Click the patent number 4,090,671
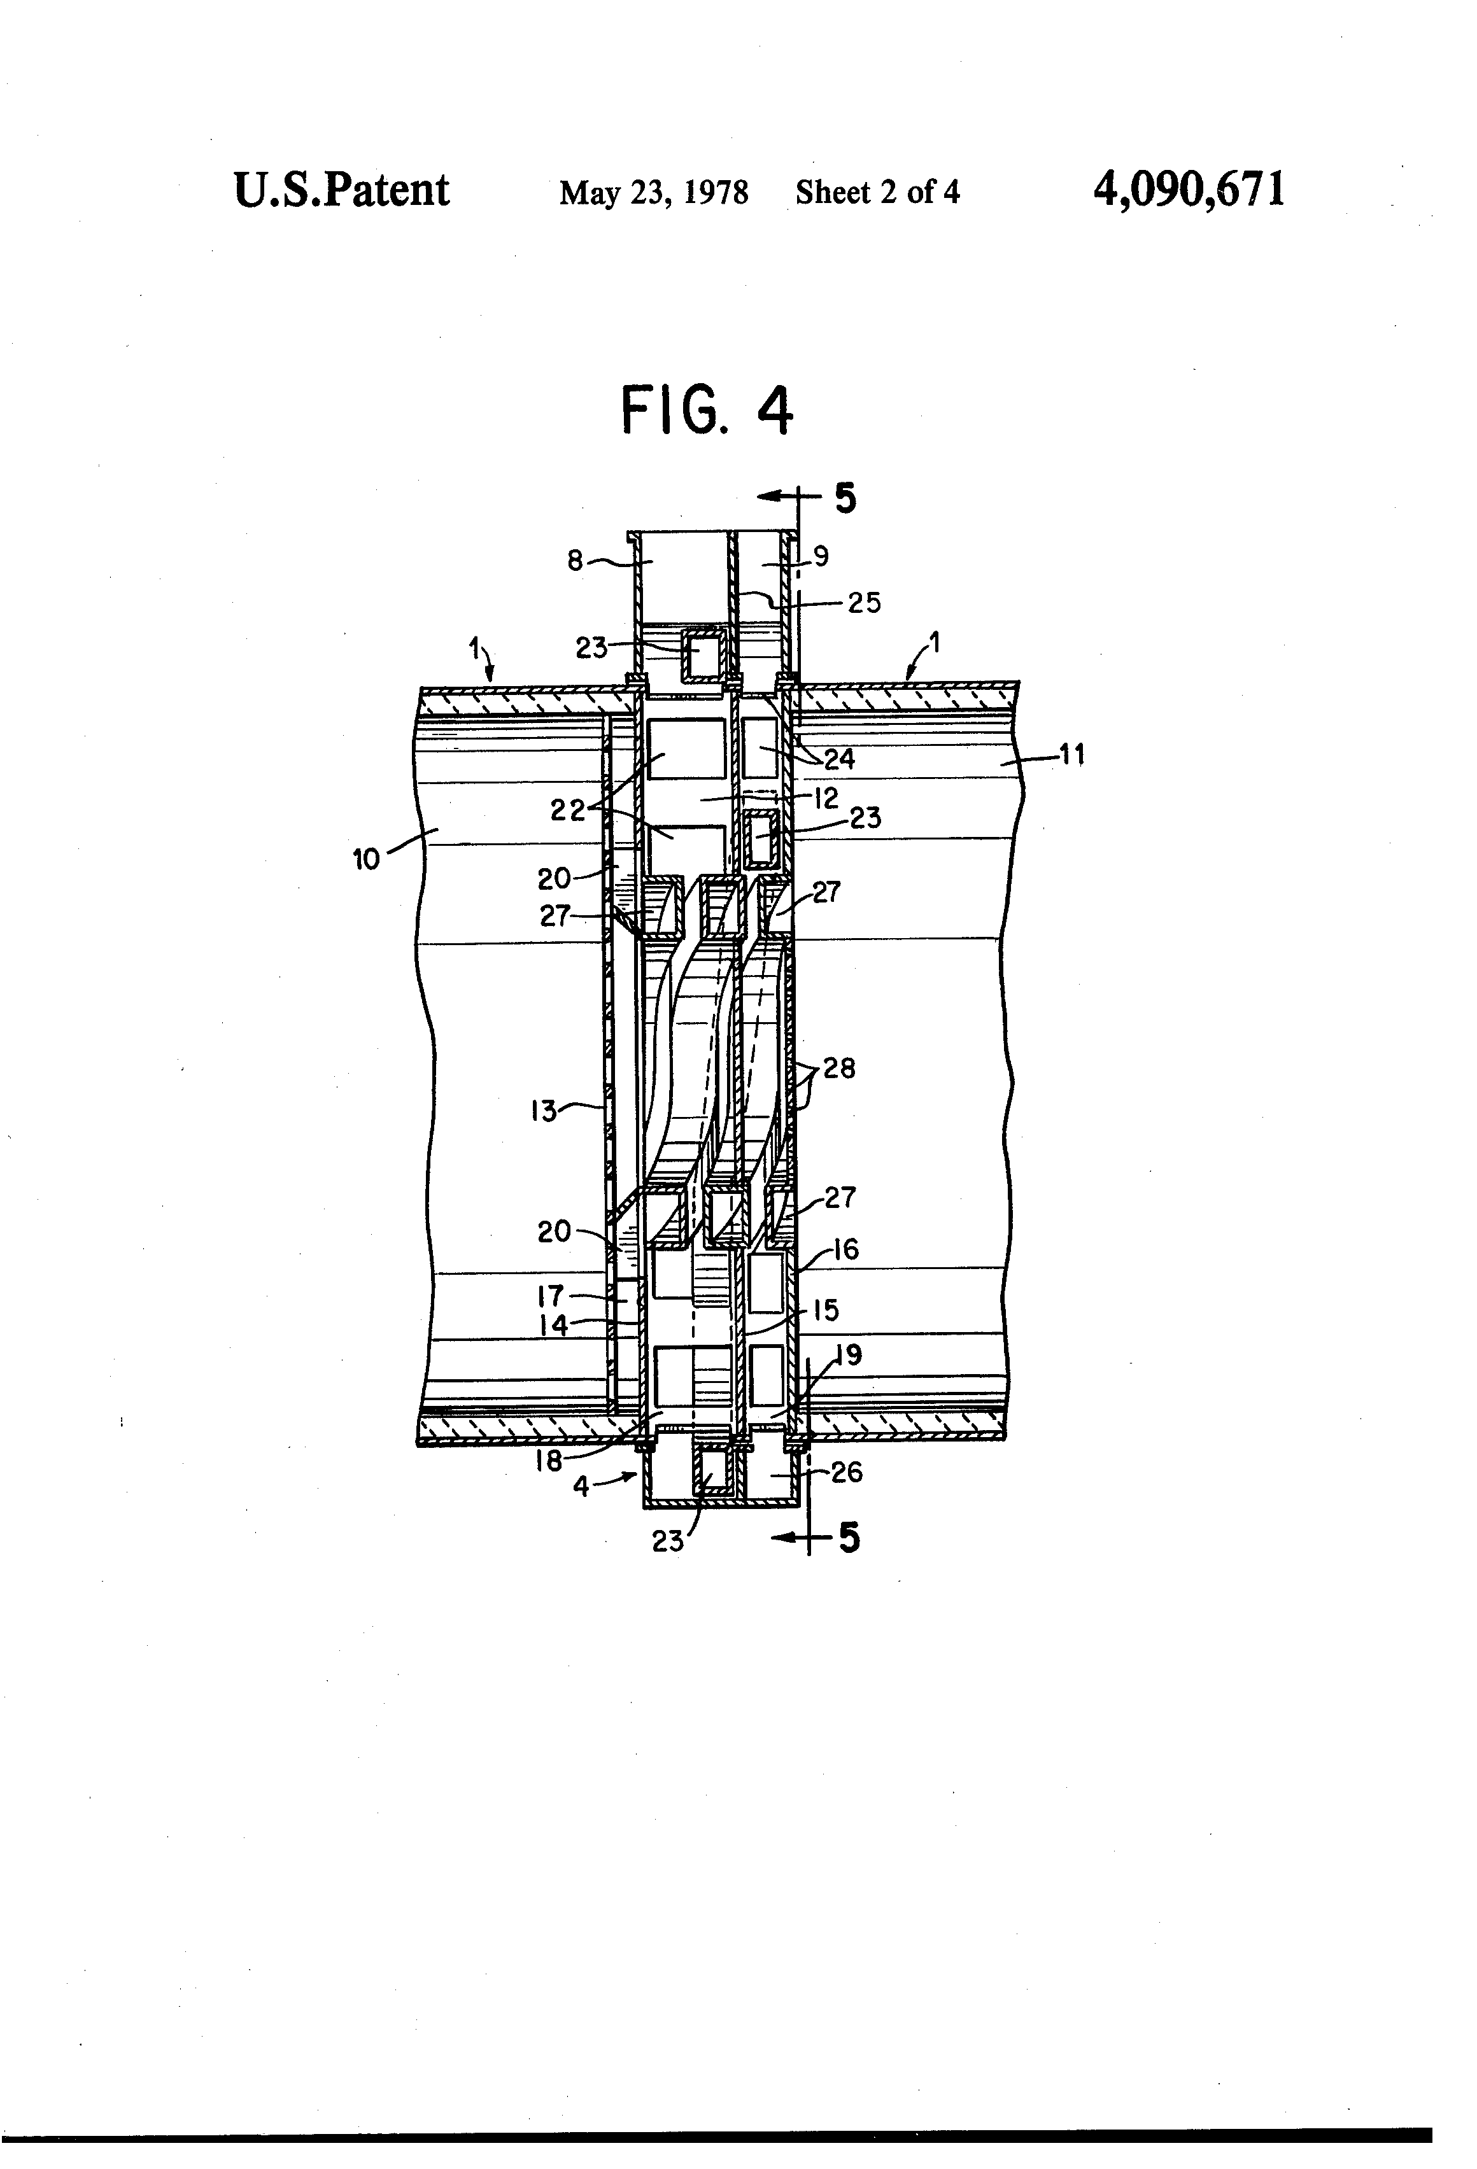(1189, 190)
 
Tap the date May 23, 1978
(654, 193)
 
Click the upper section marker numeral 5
(844, 498)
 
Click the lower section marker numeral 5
(848, 1537)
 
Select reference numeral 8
(575, 560)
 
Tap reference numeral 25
(864, 603)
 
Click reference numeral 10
(366, 859)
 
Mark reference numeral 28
(838, 1068)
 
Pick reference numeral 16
(845, 1250)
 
